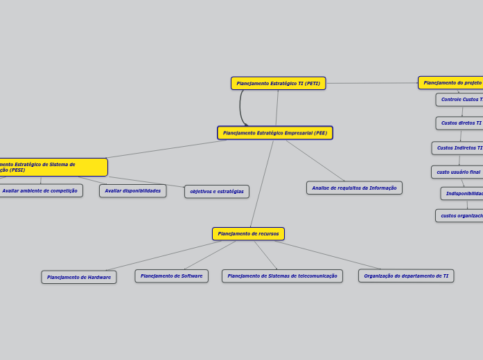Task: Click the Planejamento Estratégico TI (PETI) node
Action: (x=278, y=83)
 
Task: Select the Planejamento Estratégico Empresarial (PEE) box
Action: (x=274, y=133)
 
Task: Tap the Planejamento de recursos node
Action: (x=248, y=234)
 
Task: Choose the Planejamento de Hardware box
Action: (x=79, y=277)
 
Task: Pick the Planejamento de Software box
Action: (x=171, y=276)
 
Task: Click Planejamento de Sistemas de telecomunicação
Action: (x=282, y=276)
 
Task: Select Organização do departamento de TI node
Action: (x=406, y=276)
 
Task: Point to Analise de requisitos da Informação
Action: (x=354, y=188)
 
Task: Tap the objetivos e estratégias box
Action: (x=216, y=192)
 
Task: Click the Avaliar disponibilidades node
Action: (x=132, y=191)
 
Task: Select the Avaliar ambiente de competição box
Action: (x=40, y=191)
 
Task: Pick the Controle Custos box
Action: (x=460, y=100)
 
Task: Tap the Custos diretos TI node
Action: (x=460, y=123)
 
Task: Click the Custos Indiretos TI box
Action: (x=458, y=148)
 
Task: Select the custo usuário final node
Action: (x=457, y=172)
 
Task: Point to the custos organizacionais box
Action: (x=460, y=216)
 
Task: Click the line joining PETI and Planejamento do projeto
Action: (x=371, y=84)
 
